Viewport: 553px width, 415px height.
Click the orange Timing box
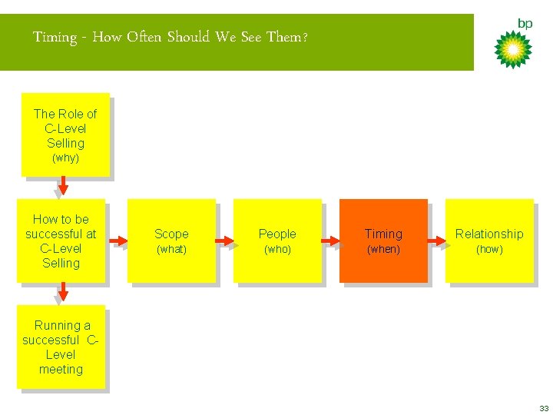pyautogui.click(x=383, y=241)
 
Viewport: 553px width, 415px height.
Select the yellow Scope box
pyautogui.click(x=171, y=241)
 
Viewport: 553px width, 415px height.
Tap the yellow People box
pyautogui.click(x=277, y=241)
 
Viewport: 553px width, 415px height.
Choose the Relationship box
pyautogui.click(x=489, y=241)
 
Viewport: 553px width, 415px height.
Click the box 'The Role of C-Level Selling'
pyautogui.click(x=65, y=134)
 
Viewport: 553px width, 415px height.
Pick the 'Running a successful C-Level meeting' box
pyautogui.click(x=61, y=347)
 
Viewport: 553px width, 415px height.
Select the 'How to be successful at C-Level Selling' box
pyautogui.click(x=61, y=241)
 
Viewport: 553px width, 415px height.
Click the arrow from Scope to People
pyautogui.click(x=224, y=241)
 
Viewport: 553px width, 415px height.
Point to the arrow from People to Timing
pyautogui.click(x=330, y=241)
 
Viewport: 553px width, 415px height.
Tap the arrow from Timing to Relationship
pyautogui.click(x=436, y=241)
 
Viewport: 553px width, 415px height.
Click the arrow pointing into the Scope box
pyautogui.click(x=118, y=241)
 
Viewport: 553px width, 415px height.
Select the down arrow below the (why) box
pyautogui.click(x=63, y=185)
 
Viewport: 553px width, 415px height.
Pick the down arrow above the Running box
pyautogui.click(x=63, y=291)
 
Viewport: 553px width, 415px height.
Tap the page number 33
pyautogui.click(x=544, y=407)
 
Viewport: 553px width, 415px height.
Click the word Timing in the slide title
pyautogui.click(x=55, y=37)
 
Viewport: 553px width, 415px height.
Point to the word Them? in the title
pyautogui.click(x=287, y=37)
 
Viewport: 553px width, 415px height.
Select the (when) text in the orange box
pyautogui.click(x=383, y=250)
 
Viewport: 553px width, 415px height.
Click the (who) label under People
pyautogui.click(x=277, y=250)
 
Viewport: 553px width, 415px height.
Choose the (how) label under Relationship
pyautogui.click(x=489, y=250)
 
